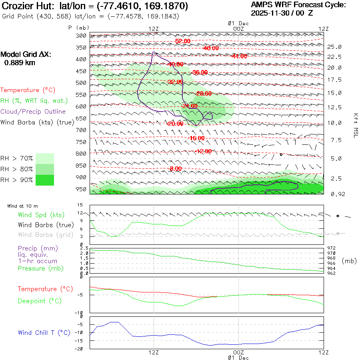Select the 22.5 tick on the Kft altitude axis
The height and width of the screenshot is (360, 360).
point(334,56)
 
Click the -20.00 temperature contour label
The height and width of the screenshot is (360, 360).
point(174,124)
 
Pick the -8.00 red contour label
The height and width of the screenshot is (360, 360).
point(176,169)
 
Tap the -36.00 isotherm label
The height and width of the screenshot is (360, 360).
point(200,72)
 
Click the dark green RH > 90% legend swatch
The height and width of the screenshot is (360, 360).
point(45,180)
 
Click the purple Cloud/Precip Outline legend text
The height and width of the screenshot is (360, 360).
point(33,112)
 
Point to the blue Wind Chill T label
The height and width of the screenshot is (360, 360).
point(44,332)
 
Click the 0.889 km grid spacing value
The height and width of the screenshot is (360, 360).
point(20,62)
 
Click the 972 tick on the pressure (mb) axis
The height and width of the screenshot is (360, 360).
point(332,248)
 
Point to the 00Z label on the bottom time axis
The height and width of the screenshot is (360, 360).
point(238,352)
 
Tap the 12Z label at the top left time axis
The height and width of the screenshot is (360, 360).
point(154,29)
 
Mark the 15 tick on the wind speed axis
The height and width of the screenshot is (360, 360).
point(80,205)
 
